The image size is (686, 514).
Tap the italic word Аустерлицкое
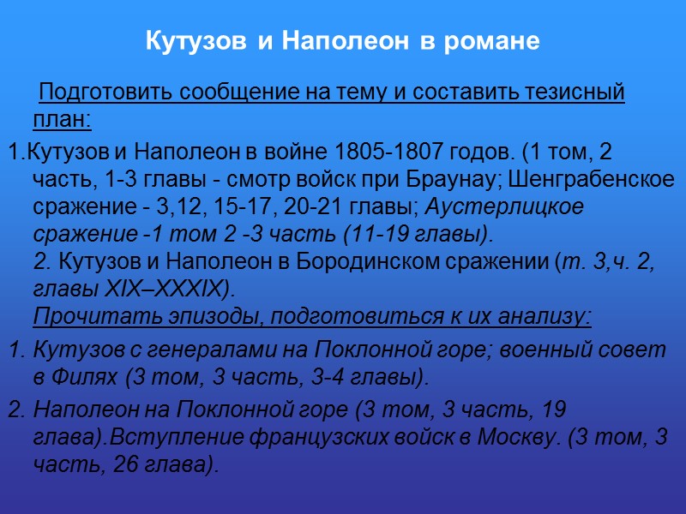505,206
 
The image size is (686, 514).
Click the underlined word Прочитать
80,316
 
